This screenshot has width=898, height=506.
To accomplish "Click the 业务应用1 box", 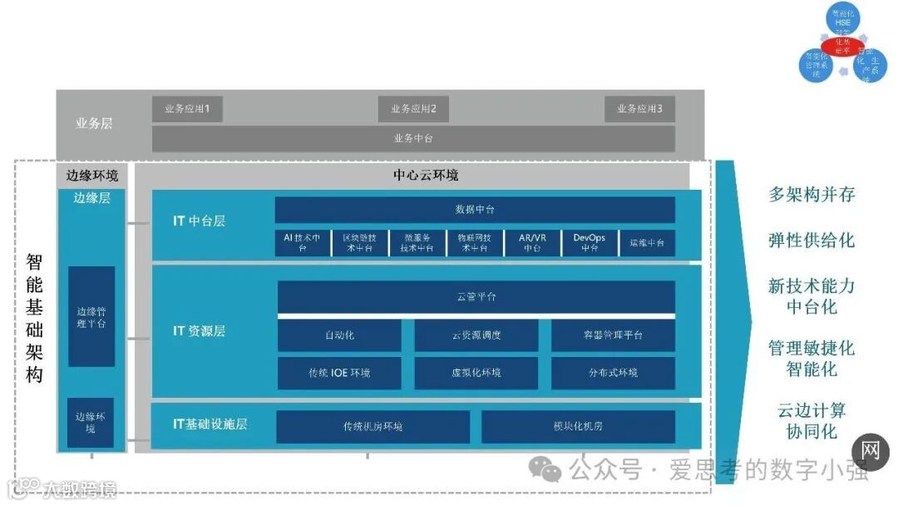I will coord(187,109).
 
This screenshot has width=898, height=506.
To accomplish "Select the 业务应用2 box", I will coord(413,109).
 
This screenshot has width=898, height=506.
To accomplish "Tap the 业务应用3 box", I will coord(639,109).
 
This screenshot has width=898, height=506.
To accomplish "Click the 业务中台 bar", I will coord(413,138).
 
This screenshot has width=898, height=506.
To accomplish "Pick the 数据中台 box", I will coord(475,210).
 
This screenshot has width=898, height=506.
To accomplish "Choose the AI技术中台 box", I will coord(303,242).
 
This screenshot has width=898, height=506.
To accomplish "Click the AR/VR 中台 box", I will coord(532,242).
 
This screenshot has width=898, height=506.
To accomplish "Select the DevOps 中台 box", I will coord(590,242).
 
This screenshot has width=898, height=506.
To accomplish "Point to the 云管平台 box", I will coord(476,297).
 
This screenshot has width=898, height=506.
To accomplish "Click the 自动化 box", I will coord(339,335).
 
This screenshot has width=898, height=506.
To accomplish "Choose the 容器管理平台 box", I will coord(613,335).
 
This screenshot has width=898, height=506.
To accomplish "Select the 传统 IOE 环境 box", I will coord(339,373).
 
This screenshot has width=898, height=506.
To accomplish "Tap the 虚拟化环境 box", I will coord(476,373).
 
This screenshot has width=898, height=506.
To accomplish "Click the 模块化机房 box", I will coord(578,426).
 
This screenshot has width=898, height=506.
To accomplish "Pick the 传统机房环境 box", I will coord(373,426).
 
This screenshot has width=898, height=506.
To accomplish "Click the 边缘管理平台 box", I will coord(91,316).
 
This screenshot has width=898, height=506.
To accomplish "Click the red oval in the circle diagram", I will coord(842,44).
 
